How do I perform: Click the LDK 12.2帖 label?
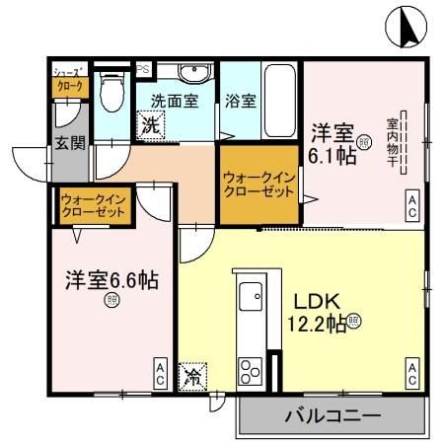tap(316, 311)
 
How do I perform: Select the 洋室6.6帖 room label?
tap(106, 279)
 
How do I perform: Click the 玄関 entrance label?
tap(69, 143)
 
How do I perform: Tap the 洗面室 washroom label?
tap(175, 100)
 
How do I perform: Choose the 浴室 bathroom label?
tap(240, 100)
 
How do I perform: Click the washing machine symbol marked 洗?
tap(150, 125)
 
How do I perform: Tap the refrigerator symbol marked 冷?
tap(193, 376)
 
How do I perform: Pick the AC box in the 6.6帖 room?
tap(159, 373)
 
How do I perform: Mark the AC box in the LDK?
tap(410, 373)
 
